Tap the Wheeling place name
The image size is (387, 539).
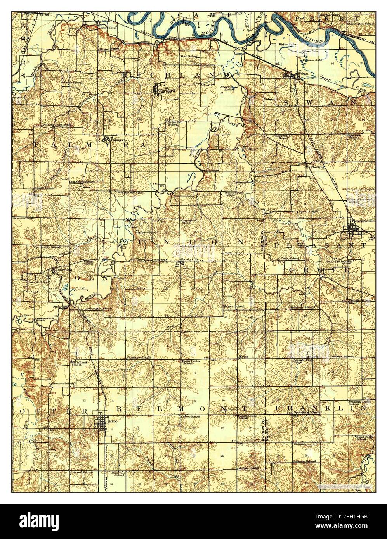(x=315, y=168)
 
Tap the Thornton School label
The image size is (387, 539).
(x=302, y=307)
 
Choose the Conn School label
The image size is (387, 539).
(x=290, y=259)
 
